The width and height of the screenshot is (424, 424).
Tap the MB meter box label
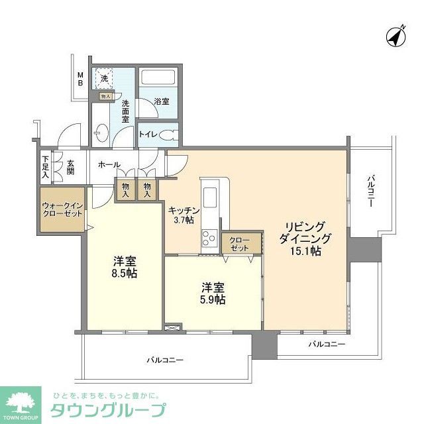coord(80,79)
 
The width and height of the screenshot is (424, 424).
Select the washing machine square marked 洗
coord(104,79)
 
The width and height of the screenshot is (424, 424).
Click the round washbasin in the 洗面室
coord(100,133)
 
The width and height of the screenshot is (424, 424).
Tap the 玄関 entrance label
coord(70,166)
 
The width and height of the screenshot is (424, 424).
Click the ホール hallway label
coord(109,164)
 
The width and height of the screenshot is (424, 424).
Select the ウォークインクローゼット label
coord(62,210)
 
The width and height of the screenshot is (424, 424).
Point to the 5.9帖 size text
coord(213,299)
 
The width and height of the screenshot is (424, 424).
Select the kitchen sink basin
coord(211,197)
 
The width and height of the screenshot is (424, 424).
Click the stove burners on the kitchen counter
coord(209,236)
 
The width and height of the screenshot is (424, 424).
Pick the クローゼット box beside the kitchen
coord(237,243)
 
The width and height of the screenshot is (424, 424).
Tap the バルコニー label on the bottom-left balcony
coord(165,360)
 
